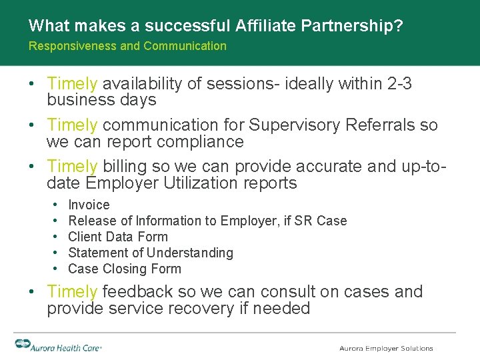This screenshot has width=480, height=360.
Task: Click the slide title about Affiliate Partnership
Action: (x=215, y=26)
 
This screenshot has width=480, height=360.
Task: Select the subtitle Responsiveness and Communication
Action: (x=127, y=46)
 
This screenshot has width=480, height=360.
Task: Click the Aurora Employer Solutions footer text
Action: (x=386, y=348)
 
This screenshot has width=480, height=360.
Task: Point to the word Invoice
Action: (x=89, y=205)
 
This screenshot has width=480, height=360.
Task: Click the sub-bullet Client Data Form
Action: (x=118, y=237)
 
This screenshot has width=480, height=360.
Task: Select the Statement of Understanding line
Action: (x=151, y=253)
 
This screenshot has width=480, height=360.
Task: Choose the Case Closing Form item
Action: (x=125, y=269)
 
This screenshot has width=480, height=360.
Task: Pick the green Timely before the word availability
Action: (x=73, y=83)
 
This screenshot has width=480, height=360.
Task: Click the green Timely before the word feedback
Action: (x=73, y=291)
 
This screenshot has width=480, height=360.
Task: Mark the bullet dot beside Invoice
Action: (x=53, y=205)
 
